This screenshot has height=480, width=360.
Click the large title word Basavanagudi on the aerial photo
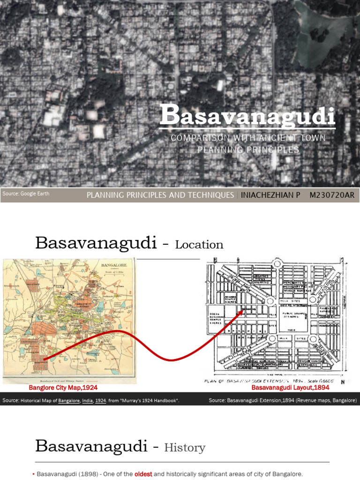[247, 116]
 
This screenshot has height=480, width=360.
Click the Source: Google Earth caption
[26, 194]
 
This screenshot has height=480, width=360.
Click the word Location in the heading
[199, 245]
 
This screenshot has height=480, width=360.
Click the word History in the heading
[185, 448]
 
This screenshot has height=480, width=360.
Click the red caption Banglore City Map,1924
[63, 388]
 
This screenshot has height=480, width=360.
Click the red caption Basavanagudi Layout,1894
[290, 388]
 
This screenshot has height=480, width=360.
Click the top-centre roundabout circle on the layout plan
[277, 265]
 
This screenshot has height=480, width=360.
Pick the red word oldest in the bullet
[143, 474]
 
